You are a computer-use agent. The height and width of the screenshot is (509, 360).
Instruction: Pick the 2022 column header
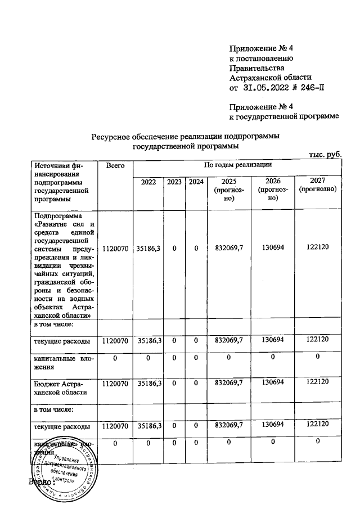click(x=148, y=182)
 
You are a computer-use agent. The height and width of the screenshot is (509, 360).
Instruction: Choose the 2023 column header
click(x=174, y=182)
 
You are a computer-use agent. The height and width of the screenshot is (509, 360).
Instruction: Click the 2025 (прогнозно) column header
click(x=228, y=190)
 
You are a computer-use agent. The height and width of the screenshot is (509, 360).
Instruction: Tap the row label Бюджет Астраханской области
click(x=60, y=387)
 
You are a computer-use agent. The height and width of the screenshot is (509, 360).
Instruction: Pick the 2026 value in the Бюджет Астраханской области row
click(x=273, y=382)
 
